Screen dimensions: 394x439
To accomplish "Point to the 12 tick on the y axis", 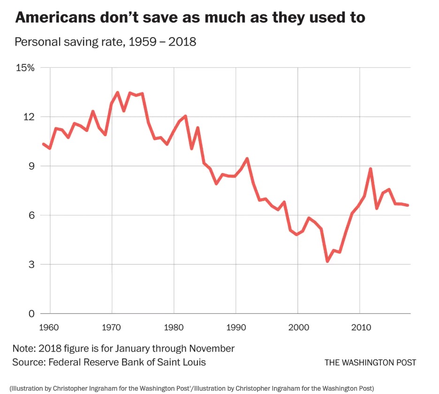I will pyautogui.click(x=29, y=117).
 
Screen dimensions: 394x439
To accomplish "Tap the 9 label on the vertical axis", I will pyautogui.click(x=31, y=166).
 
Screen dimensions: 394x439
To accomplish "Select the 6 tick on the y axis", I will pyautogui.click(x=31, y=216).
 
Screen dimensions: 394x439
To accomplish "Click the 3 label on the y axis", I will pyautogui.click(x=31, y=265).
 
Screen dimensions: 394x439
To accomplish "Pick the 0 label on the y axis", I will pyautogui.click(x=31, y=314).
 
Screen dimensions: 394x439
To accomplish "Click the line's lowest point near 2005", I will pyautogui.click(x=327, y=261).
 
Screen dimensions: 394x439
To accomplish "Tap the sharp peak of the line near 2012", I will pyautogui.click(x=371, y=169).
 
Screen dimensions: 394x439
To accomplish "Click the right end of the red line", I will pyautogui.click(x=408, y=205).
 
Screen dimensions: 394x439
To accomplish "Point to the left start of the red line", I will pyautogui.click(x=44, y=144).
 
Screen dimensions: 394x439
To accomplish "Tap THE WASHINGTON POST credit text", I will pyautogui.click(x=370, y=363).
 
